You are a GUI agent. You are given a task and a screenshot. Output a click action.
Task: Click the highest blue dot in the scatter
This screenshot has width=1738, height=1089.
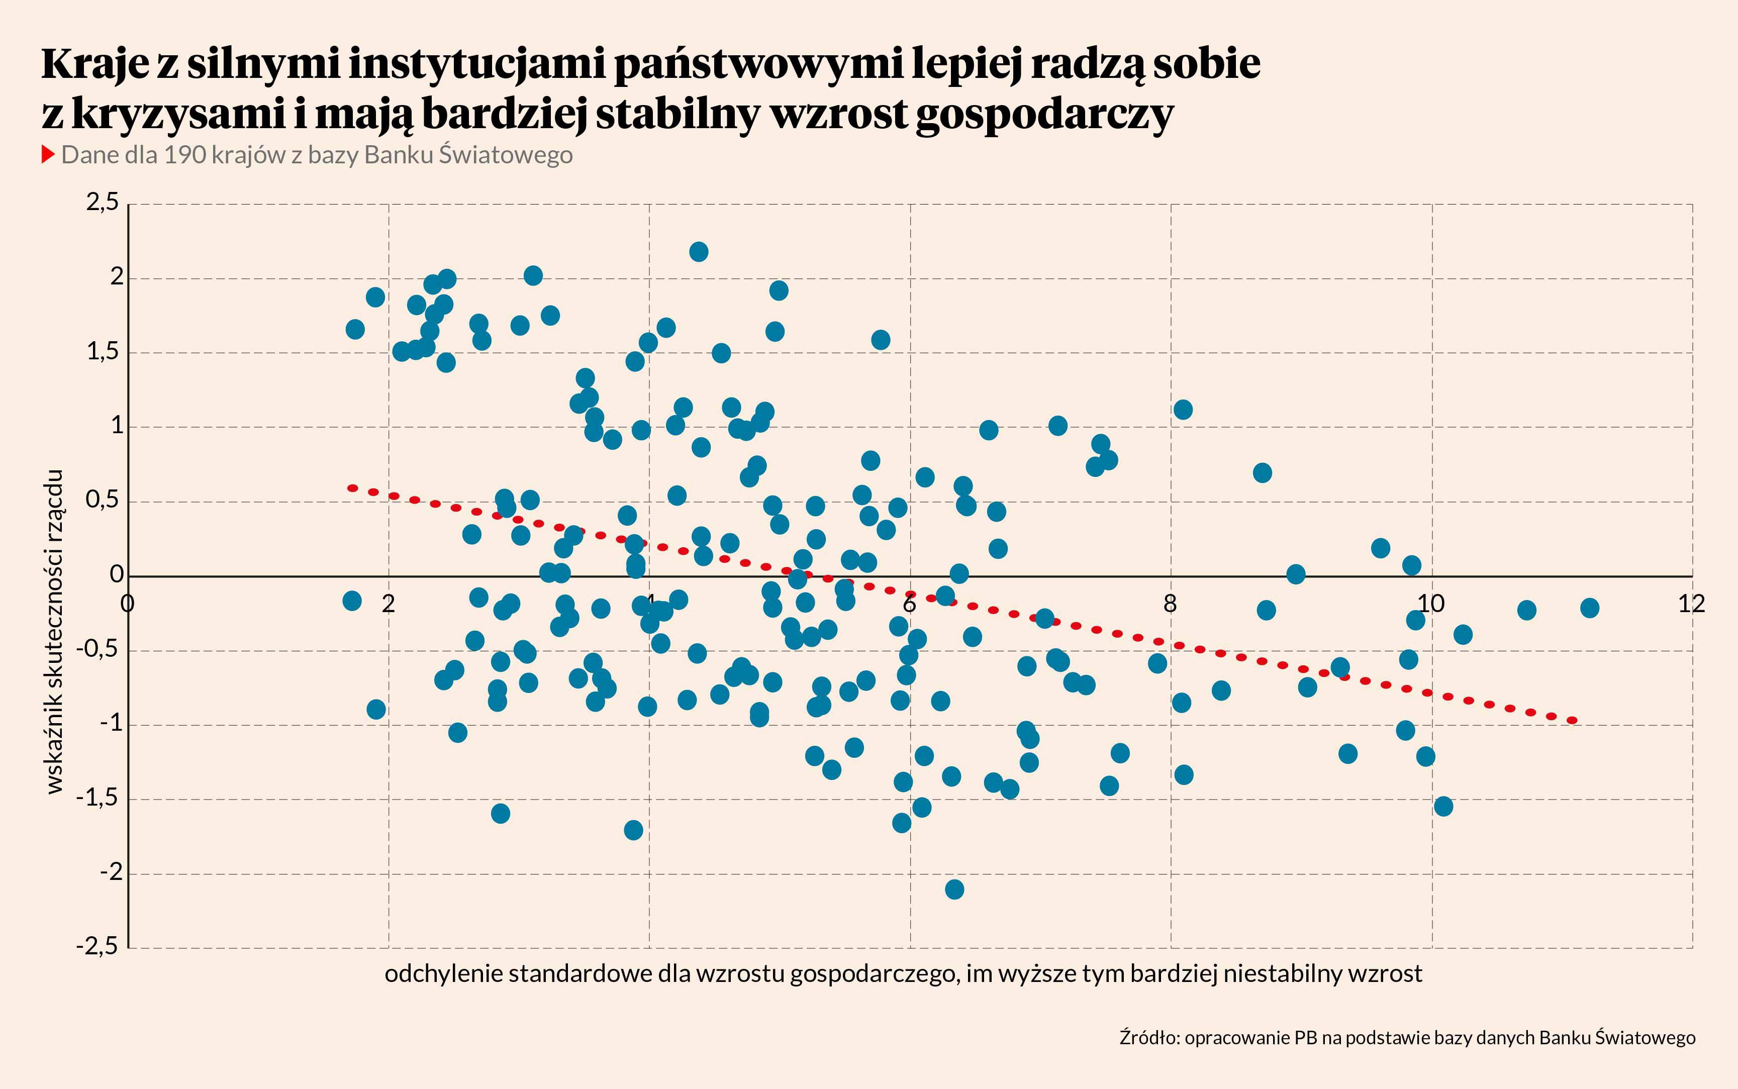(x=698, y=251)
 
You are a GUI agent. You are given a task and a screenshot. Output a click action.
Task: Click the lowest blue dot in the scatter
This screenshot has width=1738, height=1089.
(x=954, y=889)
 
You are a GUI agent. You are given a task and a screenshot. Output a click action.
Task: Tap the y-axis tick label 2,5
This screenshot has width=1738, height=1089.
(x=102, y=203)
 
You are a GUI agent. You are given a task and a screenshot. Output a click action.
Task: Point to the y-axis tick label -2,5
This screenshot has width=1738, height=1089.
(x=97, y=946)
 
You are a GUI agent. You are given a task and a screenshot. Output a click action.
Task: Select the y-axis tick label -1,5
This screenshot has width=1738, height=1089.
(x=97, y=798)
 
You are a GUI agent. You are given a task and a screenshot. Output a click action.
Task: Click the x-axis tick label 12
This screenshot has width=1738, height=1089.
(x=1691, y=604)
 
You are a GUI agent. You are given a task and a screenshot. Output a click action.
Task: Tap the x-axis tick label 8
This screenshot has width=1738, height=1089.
(x=1170, y=604)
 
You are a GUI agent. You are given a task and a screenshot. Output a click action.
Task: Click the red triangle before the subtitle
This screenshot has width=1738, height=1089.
(x=48, y=154)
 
